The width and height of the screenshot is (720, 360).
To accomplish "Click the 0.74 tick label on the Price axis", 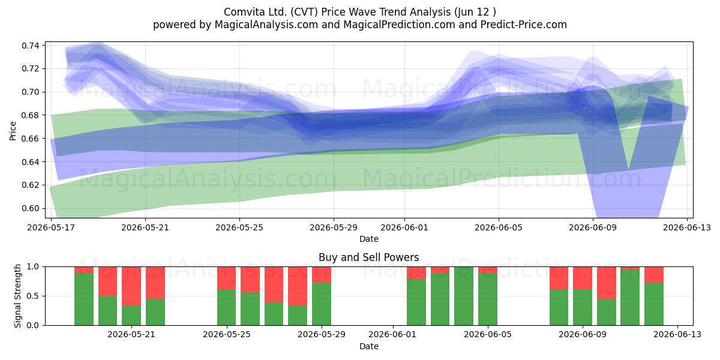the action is pyautogui.click(x=30, y=46).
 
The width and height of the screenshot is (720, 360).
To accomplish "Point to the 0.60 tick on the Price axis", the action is pyautogui.click(x=30, y=208).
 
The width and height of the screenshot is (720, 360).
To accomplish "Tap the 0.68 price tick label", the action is pyautogui.click(x=30, y=115).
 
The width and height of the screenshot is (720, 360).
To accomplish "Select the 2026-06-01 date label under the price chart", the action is pyautogui.click(x=404, y=227).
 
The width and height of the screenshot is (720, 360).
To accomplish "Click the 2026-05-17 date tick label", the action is pyautogui.click(x=51, y=227).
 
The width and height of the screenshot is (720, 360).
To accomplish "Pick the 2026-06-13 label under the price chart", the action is pyautogui.click(x=687, y=227).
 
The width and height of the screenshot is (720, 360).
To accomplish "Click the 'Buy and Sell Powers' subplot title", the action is pyautogui.click(x=368, y=257).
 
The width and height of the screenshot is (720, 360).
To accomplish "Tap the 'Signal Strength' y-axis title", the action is pyautogui.click(x=17, y=296).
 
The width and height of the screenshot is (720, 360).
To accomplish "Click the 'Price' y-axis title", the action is pyautogui.click(x=13, y=131).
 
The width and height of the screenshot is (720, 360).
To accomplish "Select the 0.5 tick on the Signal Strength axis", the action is pyautogui.click(x=33, y=296).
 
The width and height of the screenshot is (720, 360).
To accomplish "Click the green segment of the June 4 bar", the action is pyautogui.click(x=463, y=296).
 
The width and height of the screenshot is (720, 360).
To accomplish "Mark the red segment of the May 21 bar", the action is pyautogui.click(x=131, y=286).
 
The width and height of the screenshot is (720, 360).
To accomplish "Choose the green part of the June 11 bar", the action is pyautogui.click(x=630, y=298).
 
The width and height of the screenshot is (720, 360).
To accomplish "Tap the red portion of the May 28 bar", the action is pyautogui.click(x=298, y=286).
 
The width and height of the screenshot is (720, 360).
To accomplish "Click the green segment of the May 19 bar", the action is pyautogui.click(x=84, y=299).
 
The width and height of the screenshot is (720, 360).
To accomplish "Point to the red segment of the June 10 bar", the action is pyautogui.click(x=607, y=283).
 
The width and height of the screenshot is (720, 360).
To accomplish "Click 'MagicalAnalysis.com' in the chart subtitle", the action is pyautogui.click(x=266, y=25).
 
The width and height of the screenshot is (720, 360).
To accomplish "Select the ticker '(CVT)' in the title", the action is pyautogui.click(x=304, y=12).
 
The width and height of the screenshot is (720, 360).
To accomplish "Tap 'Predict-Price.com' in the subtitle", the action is pyautogui.click(x=524, y=25).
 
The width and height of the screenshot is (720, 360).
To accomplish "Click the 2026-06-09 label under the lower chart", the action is pyautogui.click(x=583, y=335).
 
